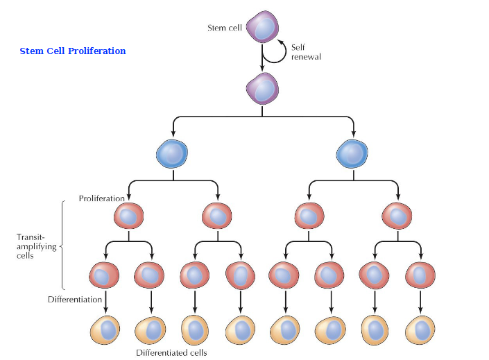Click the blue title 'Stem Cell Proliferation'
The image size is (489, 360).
click(x=72, y=51)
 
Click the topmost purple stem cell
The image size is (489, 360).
click(x=262, y=28)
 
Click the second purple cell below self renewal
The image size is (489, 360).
click(x=262, y=89)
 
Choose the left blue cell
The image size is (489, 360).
click(x=173, y=154)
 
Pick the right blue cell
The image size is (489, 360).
click(x=353, y=154)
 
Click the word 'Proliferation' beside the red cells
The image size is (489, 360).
click(x=102, y=198)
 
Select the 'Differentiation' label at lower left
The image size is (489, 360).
click(x=76, y=300)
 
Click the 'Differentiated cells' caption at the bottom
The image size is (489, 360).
click(x=172, y=352)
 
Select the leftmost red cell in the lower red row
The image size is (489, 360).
click(x=105, y=275)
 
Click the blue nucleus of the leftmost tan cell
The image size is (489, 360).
click(x=108, y=328)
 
